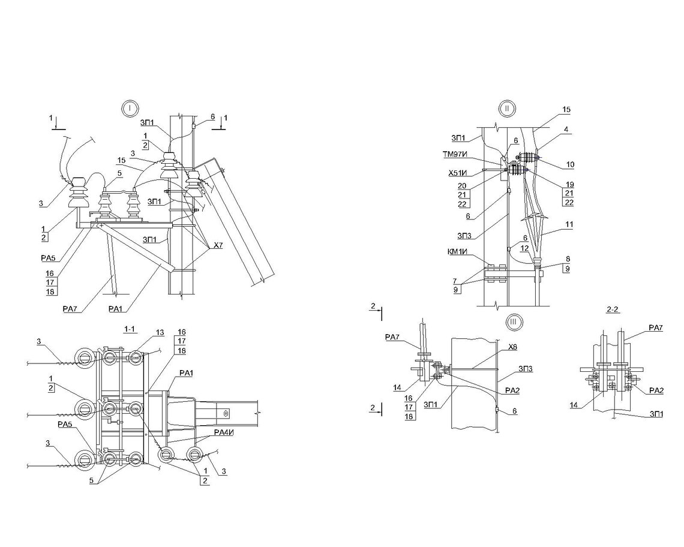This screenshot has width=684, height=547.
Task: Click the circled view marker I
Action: (130, 109)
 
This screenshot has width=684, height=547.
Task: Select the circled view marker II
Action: (507, 109)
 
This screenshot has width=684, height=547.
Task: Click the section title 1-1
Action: (130, 329)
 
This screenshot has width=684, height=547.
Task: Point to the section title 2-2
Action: (613, 311)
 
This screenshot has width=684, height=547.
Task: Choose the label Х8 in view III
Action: (512, 347)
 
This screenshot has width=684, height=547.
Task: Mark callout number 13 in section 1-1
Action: (159, 332)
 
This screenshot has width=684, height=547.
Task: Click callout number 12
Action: (524, 248)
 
